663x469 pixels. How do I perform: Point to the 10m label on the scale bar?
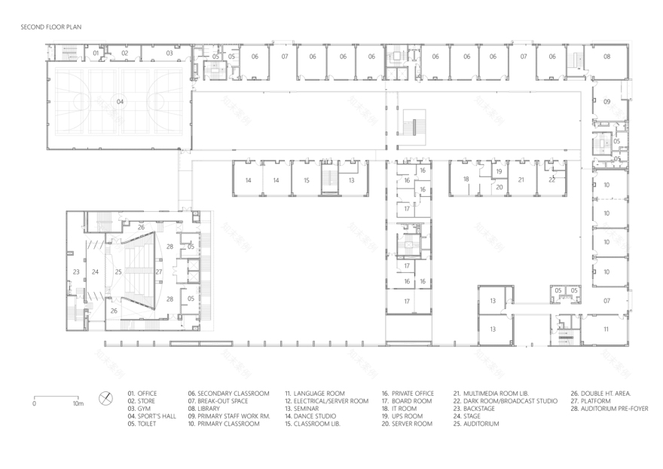(x=78, y=404)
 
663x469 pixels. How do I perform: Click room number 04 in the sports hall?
(x=119, y=101)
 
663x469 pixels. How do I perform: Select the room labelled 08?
(x=606, y=57)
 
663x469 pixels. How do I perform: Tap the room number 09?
(x=606, y=101)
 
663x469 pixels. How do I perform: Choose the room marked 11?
(x=606, y=330)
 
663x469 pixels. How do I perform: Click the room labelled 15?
(x=306, y=181)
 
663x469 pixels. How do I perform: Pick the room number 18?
(x=466, y=179)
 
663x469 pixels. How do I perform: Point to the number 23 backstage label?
(x=76, y=271)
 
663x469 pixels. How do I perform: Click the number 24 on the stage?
(x=95, y=271)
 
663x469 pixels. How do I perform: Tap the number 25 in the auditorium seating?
(x=118, y=271)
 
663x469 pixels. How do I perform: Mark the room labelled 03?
(x=170, y=54)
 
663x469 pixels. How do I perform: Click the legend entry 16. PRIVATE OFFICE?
(x=407, y=393)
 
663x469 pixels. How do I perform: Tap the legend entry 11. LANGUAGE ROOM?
(x=314, y=393)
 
